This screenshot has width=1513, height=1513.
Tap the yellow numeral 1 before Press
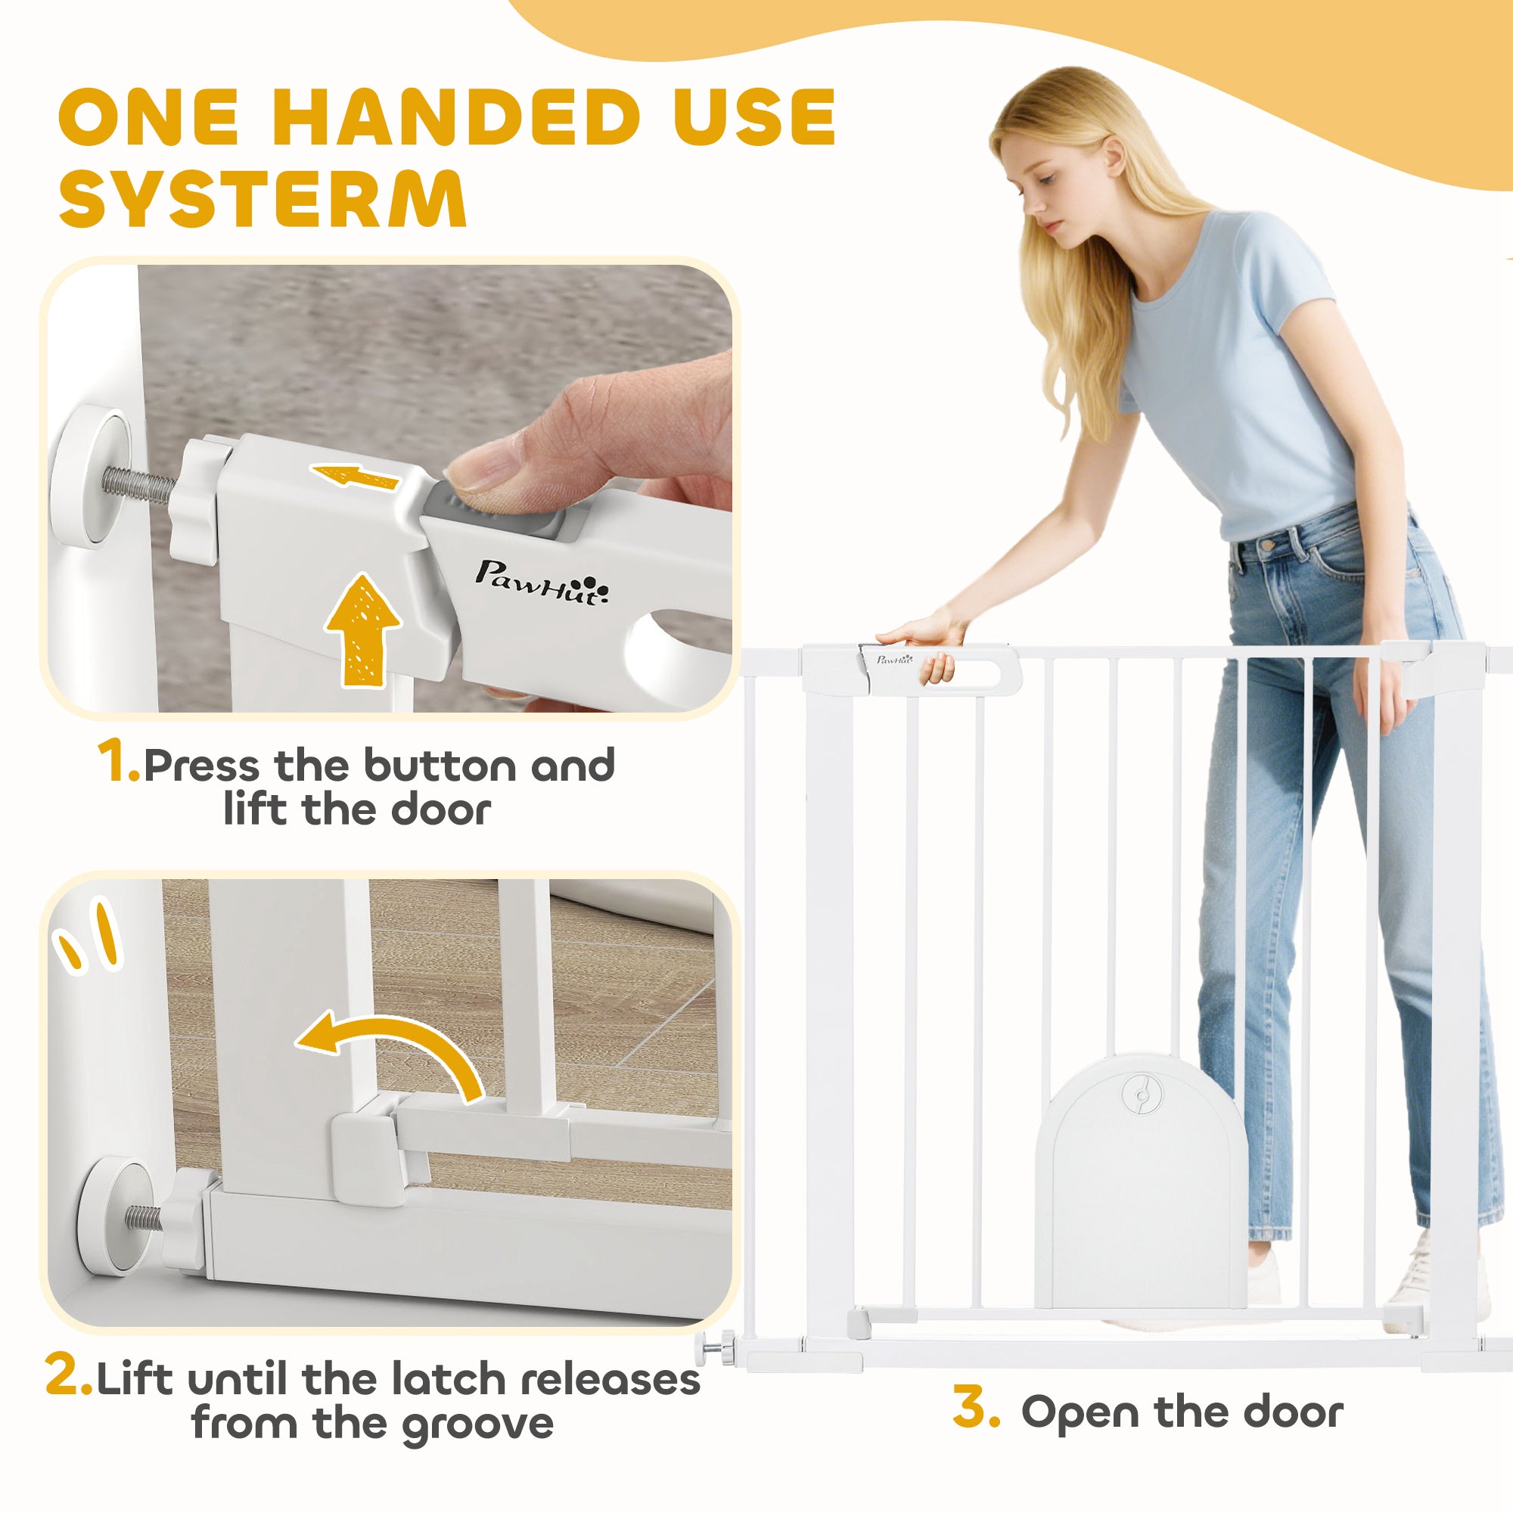[117, 761]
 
